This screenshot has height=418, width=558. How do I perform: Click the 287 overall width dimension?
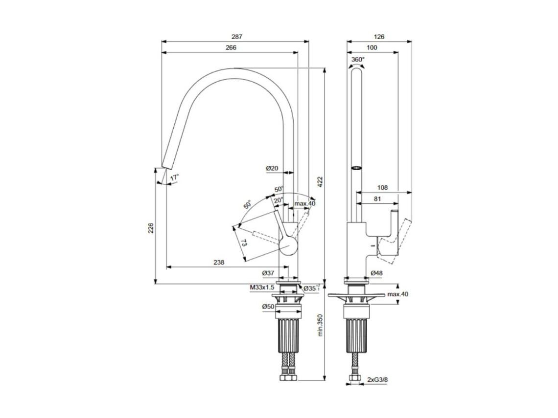(237, 37)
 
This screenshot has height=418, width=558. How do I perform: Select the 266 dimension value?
(231, 47)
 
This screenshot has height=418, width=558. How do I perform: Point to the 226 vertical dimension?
(151, 228)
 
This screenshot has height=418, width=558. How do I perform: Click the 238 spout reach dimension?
(219, 263)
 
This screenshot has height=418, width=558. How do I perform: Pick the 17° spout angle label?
(175, 177)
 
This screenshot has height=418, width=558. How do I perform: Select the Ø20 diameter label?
(272, 169)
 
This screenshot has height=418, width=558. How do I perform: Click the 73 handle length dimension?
(244, 243)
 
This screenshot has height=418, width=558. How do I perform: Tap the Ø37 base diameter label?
(268, 273)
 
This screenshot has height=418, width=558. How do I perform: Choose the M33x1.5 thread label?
(262, 287)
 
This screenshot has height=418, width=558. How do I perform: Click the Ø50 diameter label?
(268, 307)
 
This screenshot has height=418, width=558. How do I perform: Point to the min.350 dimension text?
(320, 325)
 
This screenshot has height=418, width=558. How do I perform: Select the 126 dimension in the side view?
(379, 37)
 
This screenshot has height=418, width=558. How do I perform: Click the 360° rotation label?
(358, 59)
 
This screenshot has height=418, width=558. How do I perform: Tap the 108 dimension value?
(382, 188)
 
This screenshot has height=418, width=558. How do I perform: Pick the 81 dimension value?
(377, 199)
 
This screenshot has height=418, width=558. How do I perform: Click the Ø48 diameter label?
(376, 273)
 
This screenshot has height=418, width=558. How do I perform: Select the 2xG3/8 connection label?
(377, 380)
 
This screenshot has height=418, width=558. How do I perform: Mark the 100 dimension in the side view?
(372, 47)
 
